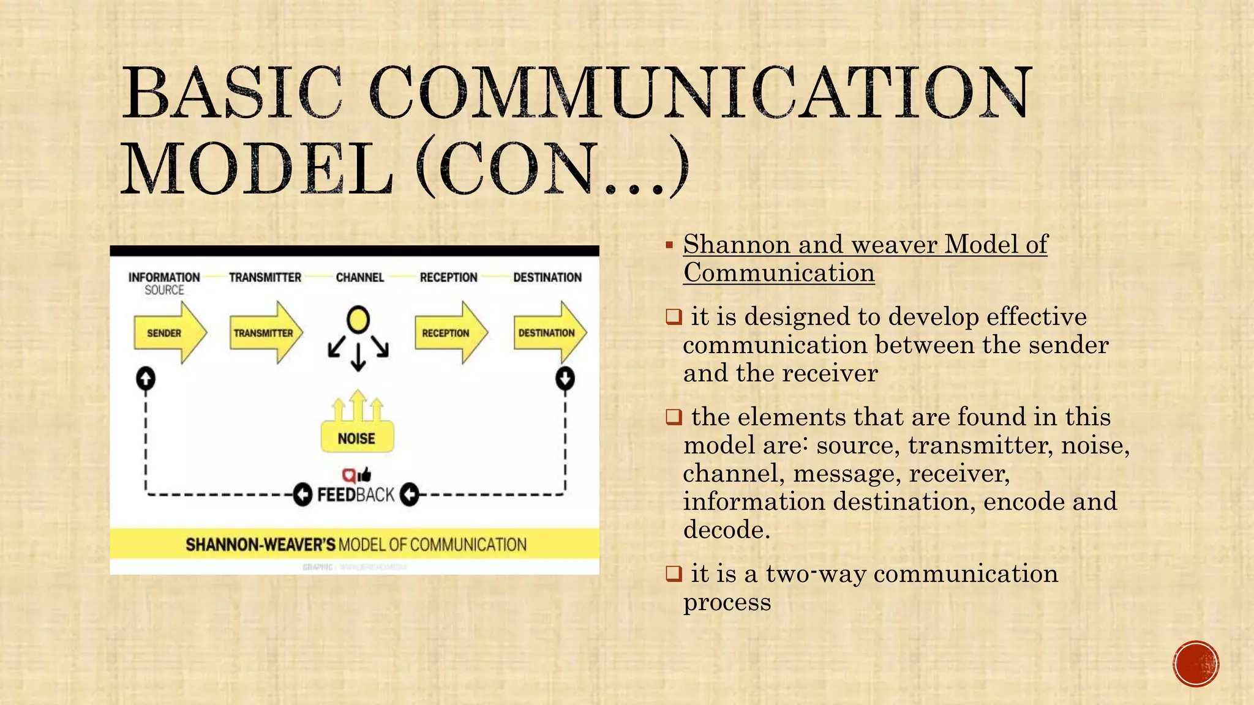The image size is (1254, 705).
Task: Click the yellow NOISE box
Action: [357, 438]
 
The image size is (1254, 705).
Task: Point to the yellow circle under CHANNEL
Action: [358, 319]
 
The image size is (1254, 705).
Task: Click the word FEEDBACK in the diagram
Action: [356, 494]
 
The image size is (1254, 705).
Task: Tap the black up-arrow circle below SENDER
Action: [145, 378]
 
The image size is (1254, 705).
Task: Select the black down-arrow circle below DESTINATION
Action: [565, 378]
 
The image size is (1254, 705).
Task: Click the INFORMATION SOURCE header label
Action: [164, 283]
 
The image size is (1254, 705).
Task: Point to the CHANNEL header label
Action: [360, 277]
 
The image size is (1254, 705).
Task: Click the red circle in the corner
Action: [1196, 663]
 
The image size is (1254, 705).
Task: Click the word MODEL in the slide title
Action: [257, 168]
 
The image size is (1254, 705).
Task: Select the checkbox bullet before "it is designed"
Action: [674, 317]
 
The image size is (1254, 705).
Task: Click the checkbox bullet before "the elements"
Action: [674, 417]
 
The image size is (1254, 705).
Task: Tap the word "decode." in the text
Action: [726, 529]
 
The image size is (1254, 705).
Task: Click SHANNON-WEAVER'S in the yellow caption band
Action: [260, 544]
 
